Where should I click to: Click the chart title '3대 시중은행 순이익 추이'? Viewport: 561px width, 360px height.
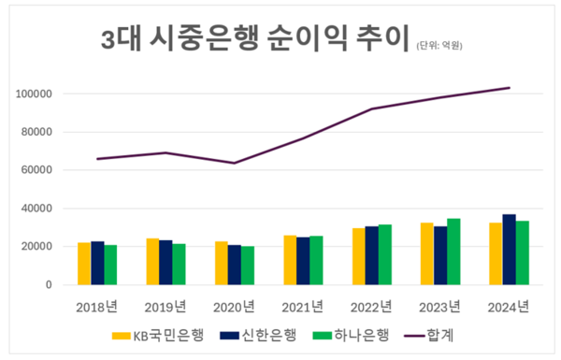(x=252, y=39)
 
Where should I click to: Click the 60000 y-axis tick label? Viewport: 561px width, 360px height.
(x=36, y=170)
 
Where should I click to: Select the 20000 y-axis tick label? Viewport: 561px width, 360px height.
(x=36, y=247)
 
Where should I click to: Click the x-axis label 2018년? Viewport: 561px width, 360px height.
(x=97, y=306)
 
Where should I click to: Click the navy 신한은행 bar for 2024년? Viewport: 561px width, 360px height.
(x=509, y=250)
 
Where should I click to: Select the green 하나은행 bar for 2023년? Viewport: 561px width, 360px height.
(x=454, y=252)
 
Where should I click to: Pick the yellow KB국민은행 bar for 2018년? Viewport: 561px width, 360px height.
(x=84, y=264)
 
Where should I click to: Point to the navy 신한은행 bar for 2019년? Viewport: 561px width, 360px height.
(x=165, y=263)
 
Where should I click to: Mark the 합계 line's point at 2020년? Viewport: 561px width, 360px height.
(x=235, y=163)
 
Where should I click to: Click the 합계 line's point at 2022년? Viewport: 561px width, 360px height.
(x=372, y=108)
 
